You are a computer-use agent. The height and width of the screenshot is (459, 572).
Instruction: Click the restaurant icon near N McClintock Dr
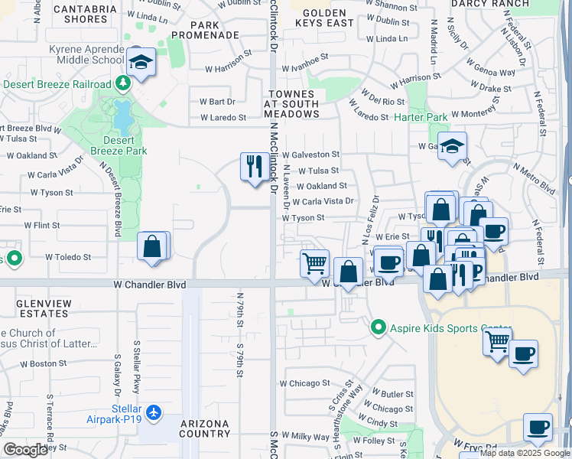coord(253,165)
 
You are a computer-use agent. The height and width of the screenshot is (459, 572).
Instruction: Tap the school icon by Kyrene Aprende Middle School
coord(141,63)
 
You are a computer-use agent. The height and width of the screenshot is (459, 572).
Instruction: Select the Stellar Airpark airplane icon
coord(155,413)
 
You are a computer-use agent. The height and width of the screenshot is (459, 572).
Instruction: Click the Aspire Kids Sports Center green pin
coord(377,327)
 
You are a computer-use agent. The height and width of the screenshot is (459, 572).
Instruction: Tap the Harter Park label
coord(420,118)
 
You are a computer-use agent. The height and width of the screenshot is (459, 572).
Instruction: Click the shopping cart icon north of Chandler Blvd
coord(314,264)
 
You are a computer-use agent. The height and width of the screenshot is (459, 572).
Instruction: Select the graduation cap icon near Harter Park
coord(452,145)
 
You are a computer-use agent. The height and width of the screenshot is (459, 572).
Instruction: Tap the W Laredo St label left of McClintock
coord(223,118)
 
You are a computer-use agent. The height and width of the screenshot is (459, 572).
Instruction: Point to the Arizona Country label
coord(205,428)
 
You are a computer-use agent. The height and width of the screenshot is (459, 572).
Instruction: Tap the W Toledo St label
coord(68,258)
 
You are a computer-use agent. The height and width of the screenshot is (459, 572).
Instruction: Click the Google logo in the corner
coord(25,450)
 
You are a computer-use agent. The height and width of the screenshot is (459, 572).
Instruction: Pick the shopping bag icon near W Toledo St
coord(153,246)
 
